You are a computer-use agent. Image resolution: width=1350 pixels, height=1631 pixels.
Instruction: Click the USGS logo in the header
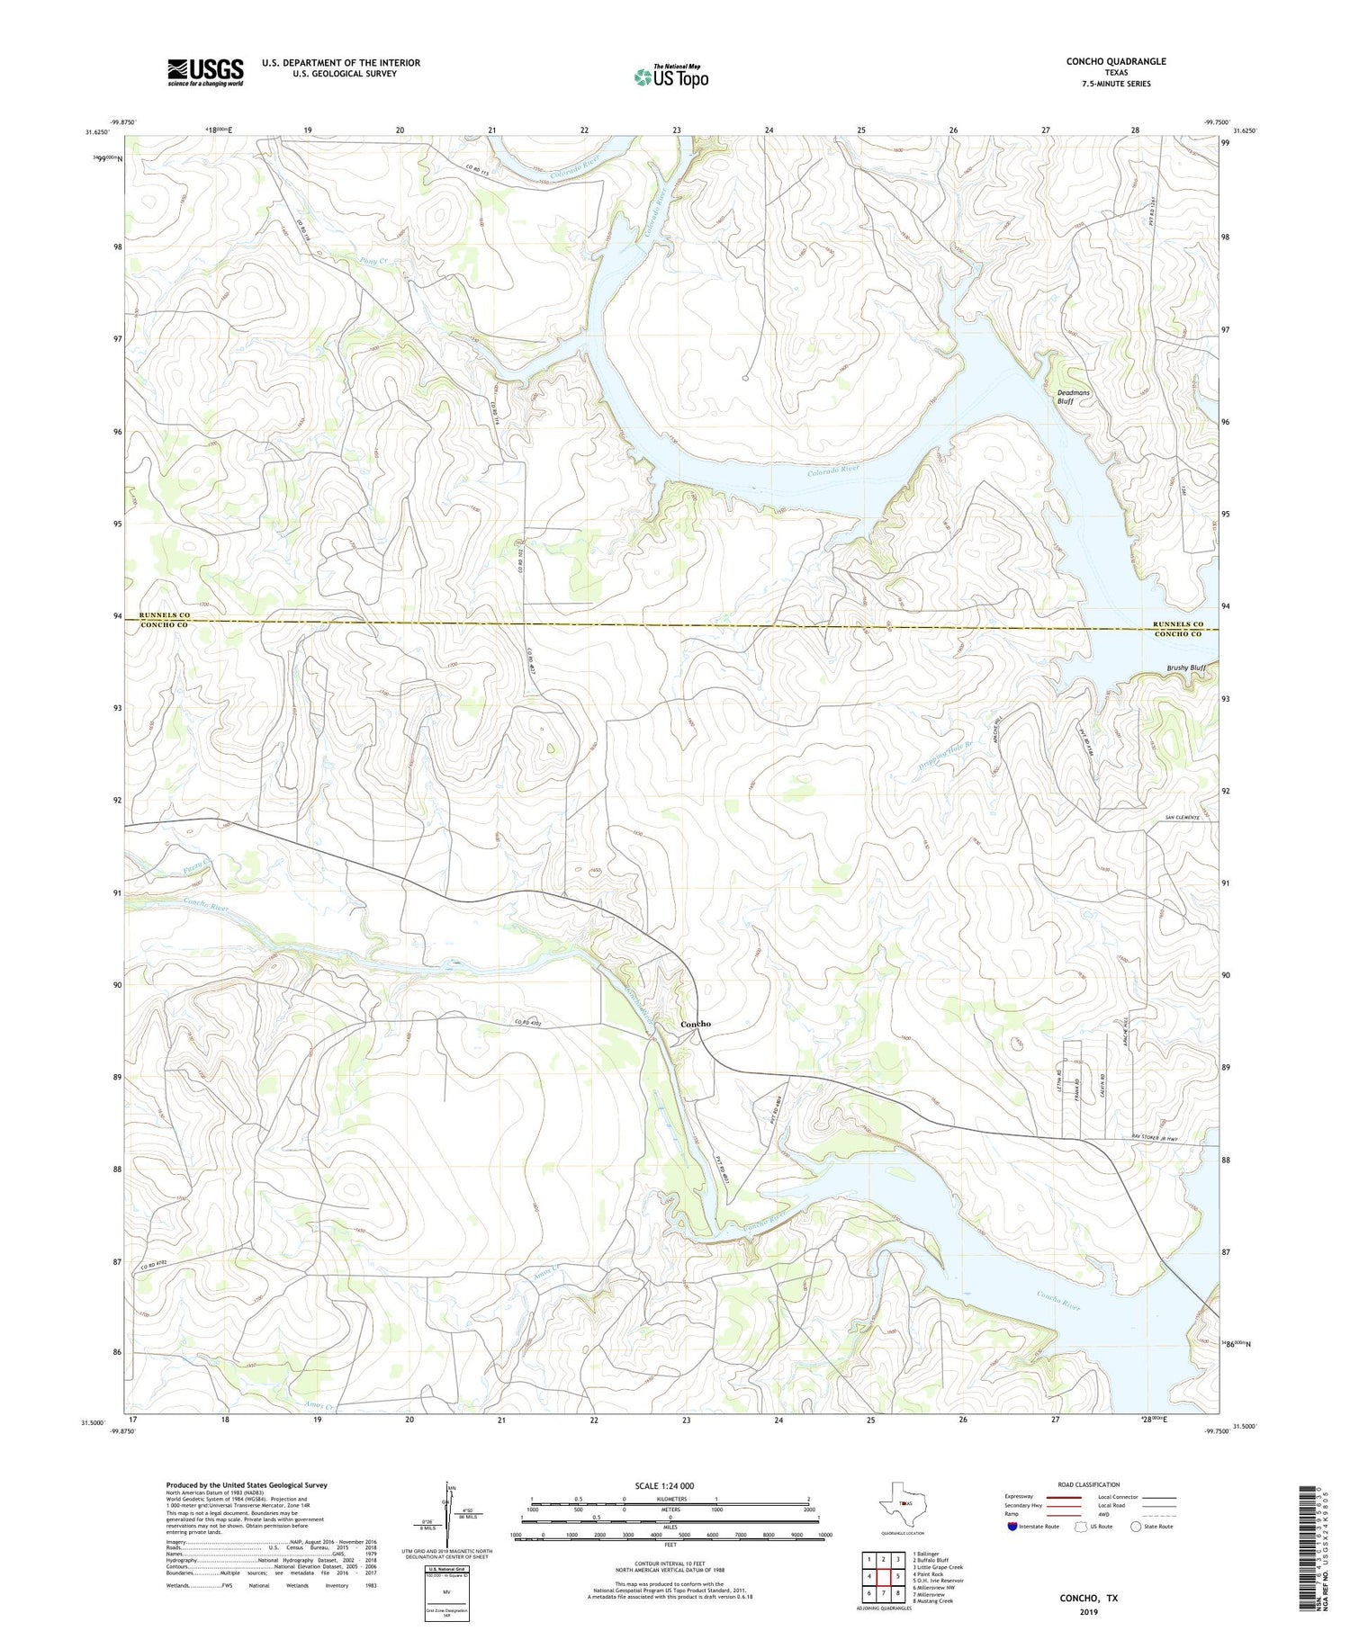pos(205,72)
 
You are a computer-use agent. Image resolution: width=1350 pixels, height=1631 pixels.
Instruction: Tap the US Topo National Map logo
pos(670,76)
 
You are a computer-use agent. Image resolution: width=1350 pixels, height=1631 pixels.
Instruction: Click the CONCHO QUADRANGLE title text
pos(1115,61)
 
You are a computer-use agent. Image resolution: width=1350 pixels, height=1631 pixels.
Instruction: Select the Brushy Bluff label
pos(1185,668)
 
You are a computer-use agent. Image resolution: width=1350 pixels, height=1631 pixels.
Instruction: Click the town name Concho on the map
pos(695,1024)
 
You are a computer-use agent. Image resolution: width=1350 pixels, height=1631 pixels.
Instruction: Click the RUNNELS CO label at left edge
pos(164,615)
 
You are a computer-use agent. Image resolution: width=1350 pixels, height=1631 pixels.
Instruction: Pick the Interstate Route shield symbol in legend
pos(1012,1527)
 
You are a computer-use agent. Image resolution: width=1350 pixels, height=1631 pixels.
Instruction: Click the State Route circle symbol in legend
pos(1136,1527)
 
